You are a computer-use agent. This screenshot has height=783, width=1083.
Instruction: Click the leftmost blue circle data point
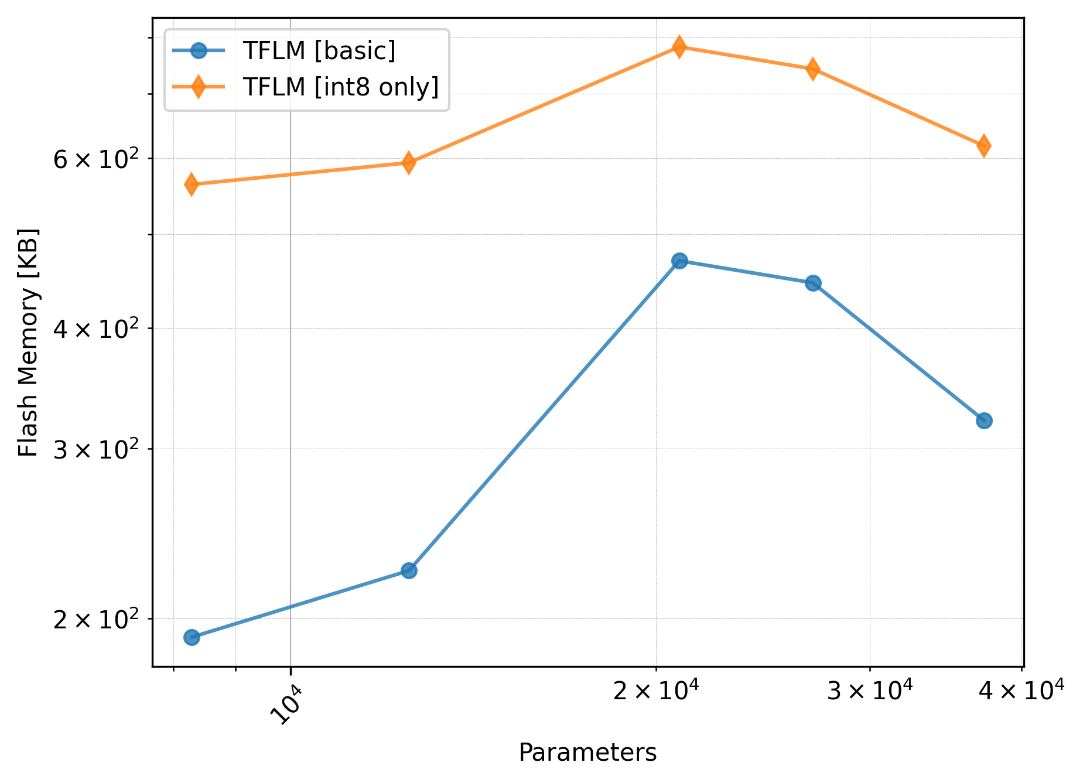pos(192,637)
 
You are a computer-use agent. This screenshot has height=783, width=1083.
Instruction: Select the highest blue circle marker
pos(679,261)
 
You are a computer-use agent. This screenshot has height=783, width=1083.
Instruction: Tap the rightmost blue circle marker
pos(984,420)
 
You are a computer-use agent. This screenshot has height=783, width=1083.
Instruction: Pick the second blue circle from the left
pos(409,570)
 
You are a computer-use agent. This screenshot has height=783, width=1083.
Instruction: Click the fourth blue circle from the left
pos(813,283)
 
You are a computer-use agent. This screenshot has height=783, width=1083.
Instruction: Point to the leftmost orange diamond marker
pos(192,184)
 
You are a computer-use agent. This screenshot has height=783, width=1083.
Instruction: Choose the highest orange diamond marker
pos(679,46)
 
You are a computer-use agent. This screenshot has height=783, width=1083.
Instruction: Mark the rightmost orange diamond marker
pos(984,145)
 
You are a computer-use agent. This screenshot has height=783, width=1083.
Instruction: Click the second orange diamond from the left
pos(409,162)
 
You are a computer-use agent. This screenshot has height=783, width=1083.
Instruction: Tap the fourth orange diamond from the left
pos(813,69)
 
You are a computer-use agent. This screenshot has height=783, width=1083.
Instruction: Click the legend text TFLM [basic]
pos(319,51)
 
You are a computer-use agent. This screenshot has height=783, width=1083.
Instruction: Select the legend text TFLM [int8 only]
pos(341,87)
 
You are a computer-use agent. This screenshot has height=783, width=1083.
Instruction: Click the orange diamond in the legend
pos(199,87)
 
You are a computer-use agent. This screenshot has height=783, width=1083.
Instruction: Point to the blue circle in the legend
pos(199,51)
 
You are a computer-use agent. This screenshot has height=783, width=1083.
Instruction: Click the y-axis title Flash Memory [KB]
pos(28,343)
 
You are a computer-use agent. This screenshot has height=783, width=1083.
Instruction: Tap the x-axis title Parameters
pos(587,753)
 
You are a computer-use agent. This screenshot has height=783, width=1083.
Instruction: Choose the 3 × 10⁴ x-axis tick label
pos(869,692)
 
